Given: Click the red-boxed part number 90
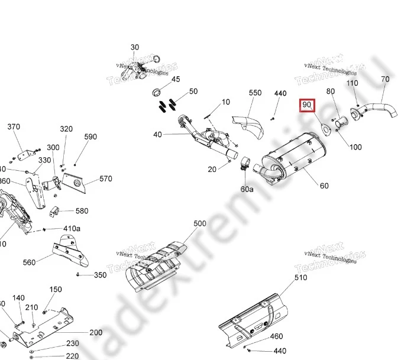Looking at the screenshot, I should (307, 105).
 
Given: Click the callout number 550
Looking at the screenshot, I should (255, 93).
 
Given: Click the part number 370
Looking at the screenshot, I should (14, 127).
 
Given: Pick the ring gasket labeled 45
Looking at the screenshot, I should (158, 92).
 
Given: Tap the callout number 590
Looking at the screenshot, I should (90, 137).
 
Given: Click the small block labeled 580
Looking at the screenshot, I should (56, 211).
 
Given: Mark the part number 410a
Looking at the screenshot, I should (72, 229).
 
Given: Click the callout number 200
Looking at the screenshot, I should (96, 333).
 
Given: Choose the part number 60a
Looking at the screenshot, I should (247, 189).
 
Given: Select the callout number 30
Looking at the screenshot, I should (135, 47).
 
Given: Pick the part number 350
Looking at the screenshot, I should (100, 275).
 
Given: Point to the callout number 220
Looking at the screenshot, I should (72, 356).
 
